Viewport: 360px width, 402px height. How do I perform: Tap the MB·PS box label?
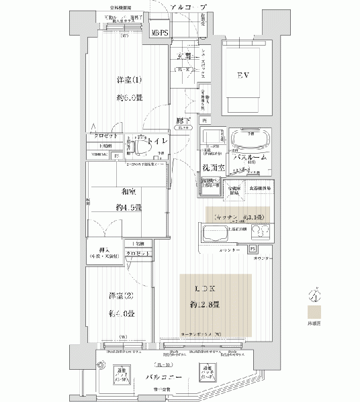pos(159,33)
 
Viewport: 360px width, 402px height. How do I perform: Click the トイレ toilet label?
pos(158,142)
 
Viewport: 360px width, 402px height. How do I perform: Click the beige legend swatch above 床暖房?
pos(313,312)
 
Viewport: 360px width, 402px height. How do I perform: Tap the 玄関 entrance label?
pos(185,56)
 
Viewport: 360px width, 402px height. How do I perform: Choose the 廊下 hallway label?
pos(181,120)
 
